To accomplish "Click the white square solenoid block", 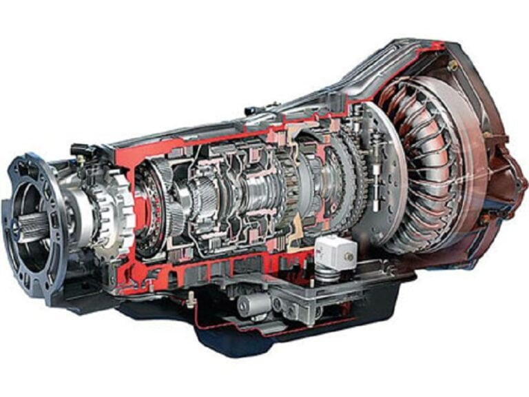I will [x=336, y=252].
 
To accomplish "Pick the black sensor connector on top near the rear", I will [x=81, y=149].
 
